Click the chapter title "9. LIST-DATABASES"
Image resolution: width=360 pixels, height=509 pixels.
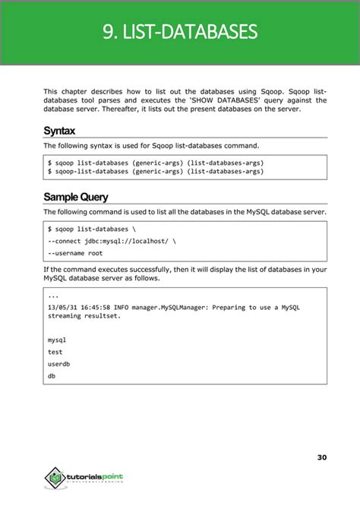tap(180, 32)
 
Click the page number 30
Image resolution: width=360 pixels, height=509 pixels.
tap(322, 457)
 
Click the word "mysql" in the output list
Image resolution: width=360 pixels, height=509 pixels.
tap(57, 339)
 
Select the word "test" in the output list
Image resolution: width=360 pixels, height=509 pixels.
tap(55, 352)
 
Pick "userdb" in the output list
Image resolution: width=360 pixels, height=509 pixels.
tap(59, 364)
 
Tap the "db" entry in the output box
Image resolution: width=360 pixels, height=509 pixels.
tap(51, 376)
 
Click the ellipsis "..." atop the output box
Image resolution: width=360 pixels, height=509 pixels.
tap(52, 296)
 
